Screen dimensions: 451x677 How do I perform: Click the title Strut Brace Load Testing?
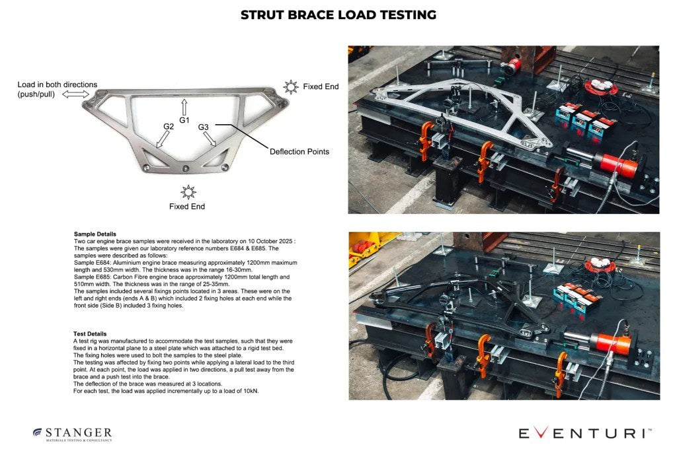[x=338, y=15]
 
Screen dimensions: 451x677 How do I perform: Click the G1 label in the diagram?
[x=184, y=120]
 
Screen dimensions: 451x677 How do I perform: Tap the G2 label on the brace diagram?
[x=169, y=126]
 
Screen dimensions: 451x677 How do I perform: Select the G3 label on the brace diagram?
[x=204, y=127]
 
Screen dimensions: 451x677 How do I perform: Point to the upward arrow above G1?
[x=184, y=107]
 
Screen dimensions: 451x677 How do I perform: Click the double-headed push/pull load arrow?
[x=75, y=95]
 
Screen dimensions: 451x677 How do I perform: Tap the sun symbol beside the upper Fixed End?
[x=290, y=87]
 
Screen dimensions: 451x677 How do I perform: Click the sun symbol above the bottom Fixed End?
[x=188, y=191]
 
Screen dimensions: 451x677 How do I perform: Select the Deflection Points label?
[x=299, y=151]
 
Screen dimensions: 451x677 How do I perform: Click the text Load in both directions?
[x=58, y=85]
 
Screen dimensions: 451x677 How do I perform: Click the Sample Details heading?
[x=95, y=234]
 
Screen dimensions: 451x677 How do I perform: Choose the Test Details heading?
[x=90, y=333]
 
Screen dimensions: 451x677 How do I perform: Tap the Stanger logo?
[x=73, y=434]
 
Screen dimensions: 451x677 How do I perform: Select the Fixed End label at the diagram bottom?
[x=187, y=207]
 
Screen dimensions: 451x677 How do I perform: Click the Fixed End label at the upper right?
[x=321, y=87]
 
